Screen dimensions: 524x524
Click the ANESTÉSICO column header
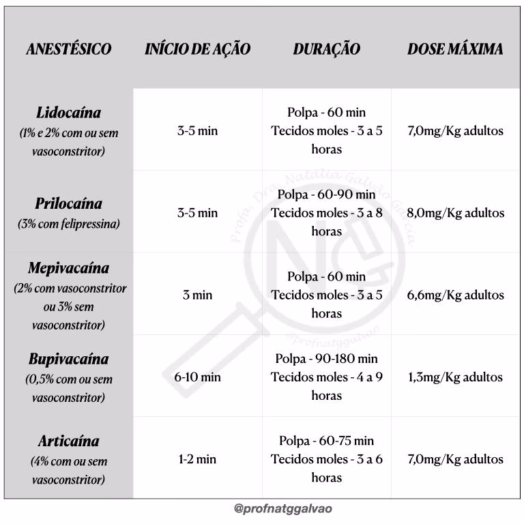(x=68, y=49)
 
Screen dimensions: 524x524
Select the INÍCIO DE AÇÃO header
(x=198, y=49)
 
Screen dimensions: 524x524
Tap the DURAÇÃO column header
(x=327, y=49)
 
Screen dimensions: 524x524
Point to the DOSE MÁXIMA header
(x=455, y=49)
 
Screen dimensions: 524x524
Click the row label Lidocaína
(x=68, y=113)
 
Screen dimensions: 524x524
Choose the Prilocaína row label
(x=68, y=204)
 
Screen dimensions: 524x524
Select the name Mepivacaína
(x=68, y=268)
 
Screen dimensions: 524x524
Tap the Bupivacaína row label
(x=68, y=359)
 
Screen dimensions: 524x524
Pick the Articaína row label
(x=68, y=441)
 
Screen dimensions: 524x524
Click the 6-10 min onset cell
(x=198, y=377)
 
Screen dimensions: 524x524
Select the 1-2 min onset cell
(x=198, y=459)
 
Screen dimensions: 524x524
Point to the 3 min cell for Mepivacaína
(x=198, y=295)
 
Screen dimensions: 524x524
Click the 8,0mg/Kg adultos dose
(x=455, y=213)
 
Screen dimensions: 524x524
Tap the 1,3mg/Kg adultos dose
(x=455, y=377)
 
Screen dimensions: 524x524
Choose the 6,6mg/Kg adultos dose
(x=455, y=295)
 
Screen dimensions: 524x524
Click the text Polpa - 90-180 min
(x=327, y=359)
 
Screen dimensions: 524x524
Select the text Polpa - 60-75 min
(x=327, y=441)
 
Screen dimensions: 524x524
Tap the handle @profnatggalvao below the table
(x=283, y=509)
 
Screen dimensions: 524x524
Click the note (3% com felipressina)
(x=68, y=224)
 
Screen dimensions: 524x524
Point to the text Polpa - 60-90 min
(x=327, y=194)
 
